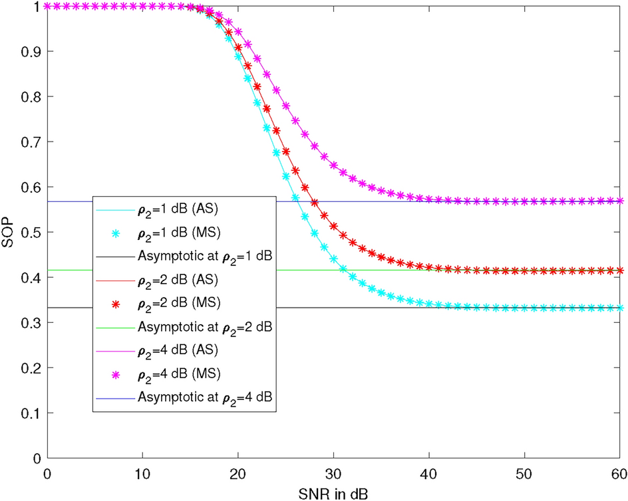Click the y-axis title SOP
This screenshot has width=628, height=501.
pyautogui.click(x=8, y=232)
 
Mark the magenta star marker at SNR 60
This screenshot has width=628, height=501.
pyautogui.click(x=620, y=201)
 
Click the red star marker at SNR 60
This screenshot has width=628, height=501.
pyautogui.click(x=620, y=270)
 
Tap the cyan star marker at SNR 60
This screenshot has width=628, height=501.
pyautogui.click(x=620, y=308)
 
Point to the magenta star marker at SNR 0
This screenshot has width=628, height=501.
pyautogui.click(x=47, y=6)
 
